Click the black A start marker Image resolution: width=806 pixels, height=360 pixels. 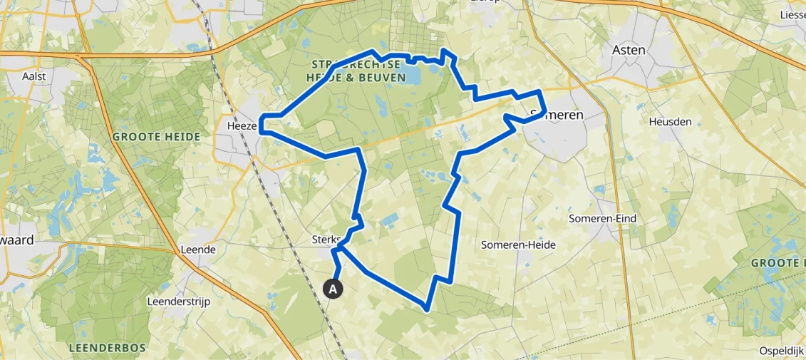[333, 289]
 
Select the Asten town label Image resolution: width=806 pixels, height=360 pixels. [629, 50]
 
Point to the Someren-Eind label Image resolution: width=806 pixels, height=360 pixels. [602, 218]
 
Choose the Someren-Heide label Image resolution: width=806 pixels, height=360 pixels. [518, 245]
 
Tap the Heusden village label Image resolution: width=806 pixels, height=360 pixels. [670, 122]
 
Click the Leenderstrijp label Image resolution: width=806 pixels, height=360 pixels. [178, 302]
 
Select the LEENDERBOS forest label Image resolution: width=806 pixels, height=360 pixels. [108, 348]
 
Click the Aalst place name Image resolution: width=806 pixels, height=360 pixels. [34, 76]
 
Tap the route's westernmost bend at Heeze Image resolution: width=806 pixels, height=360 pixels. [262, 123]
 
